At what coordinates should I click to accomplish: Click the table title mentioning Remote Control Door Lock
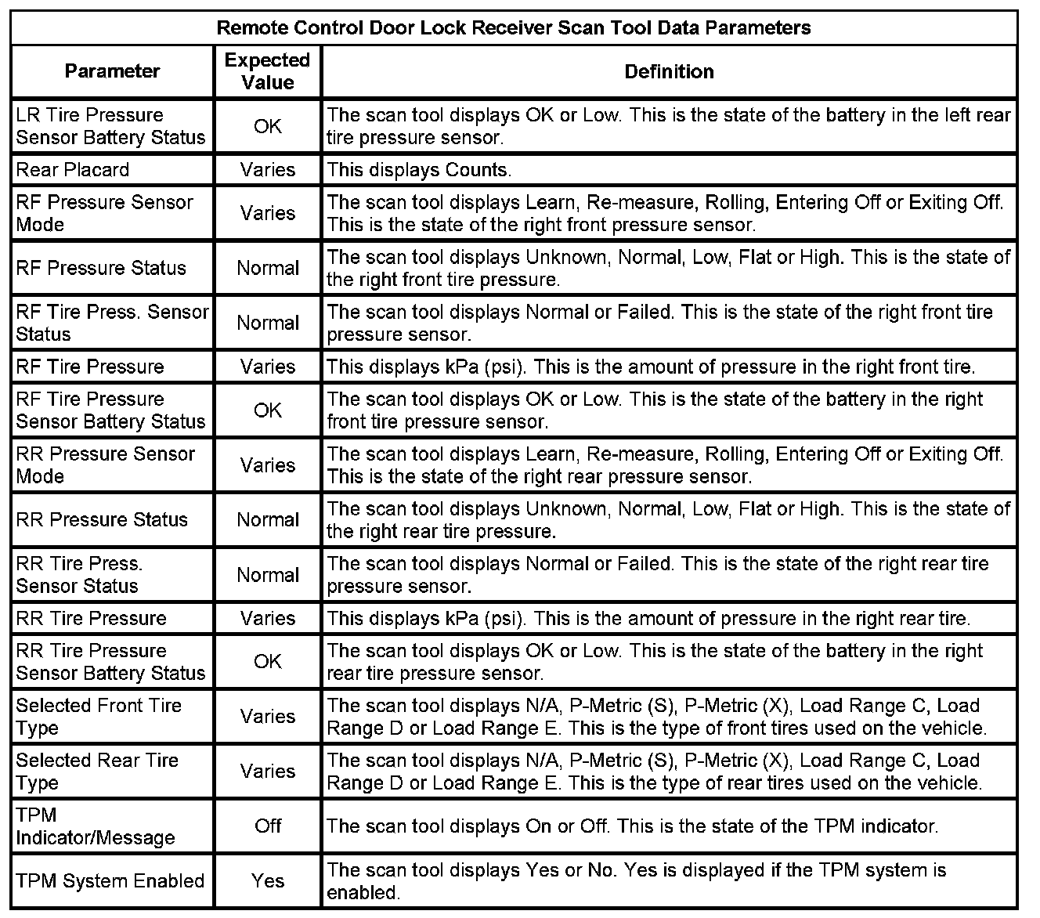click(513, 28)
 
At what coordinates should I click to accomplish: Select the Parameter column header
click(112, 71)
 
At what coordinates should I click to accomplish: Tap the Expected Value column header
click(267, 71)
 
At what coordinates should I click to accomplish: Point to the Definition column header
click(669, 71)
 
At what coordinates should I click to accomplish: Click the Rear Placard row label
click(73, 170)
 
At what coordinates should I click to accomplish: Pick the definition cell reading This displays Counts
click(419, 170)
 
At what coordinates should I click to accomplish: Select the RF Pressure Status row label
click(101, 268)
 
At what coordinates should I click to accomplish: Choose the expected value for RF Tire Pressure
click(268, 367)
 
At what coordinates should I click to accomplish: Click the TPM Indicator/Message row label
click(95, 826)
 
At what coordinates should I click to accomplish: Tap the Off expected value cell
click(268, 826)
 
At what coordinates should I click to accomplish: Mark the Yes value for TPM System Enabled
click(268, 881)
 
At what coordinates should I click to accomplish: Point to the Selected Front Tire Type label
click(99, 717)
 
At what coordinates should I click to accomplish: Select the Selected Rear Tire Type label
click(97, 772)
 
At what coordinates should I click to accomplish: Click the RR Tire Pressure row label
click(92, 618)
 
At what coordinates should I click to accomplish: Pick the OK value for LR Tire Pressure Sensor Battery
click(268, 126)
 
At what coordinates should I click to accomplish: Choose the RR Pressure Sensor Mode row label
click(105, 465)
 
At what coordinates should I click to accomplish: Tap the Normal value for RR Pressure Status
click(268, 519)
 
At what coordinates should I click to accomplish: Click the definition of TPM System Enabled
click(636, 881)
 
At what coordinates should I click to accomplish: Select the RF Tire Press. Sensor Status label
click(112, 323)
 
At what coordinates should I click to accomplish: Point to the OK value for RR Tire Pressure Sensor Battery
click(268, 662)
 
